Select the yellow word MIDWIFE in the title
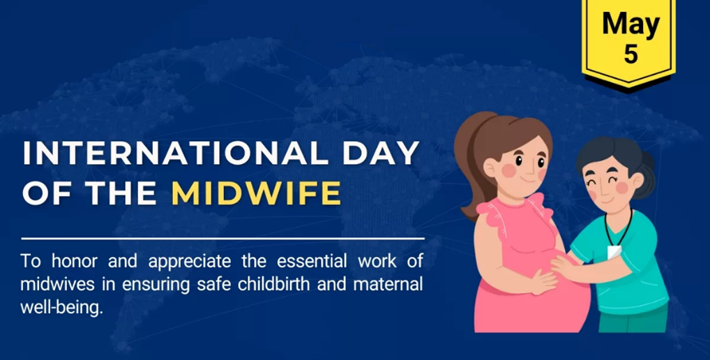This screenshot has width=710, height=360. point(256,193)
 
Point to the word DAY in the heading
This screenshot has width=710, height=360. point(381,153)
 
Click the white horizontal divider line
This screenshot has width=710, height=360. point(222,238)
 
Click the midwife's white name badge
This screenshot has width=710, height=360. point(614,252)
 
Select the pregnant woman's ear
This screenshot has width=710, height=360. point(490,169)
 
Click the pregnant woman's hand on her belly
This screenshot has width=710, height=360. point(543,282)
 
